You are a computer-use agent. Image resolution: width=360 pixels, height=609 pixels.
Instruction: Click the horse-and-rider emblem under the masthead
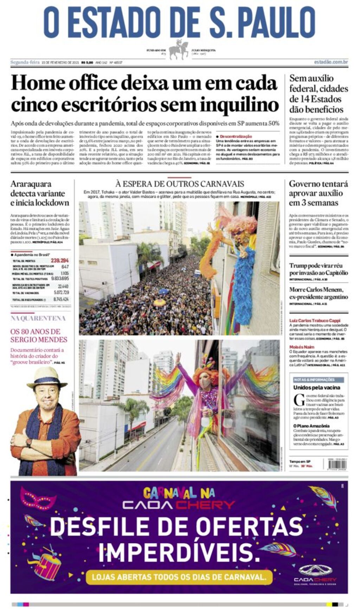pos(178,50)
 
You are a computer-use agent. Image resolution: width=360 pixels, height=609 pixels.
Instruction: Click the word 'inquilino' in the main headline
pos(239,104)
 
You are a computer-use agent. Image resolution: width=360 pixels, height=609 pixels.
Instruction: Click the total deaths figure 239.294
pos(60,261)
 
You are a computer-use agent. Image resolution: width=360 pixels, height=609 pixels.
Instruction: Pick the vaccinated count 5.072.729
pos(61,292)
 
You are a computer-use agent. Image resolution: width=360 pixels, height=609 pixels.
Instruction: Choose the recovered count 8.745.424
pos(61,299)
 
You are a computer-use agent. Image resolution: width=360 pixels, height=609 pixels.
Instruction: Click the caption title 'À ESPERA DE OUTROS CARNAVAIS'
pos(180,184)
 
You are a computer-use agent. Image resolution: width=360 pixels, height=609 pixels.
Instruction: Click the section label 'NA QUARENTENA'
pos(38,318)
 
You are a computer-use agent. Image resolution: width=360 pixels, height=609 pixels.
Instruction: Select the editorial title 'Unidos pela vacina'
pos(317,388)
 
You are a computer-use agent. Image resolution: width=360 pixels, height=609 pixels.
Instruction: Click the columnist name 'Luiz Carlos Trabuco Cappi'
pos(315,320)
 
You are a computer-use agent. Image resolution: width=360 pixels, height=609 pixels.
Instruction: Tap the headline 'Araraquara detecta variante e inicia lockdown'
pos(40,193)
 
